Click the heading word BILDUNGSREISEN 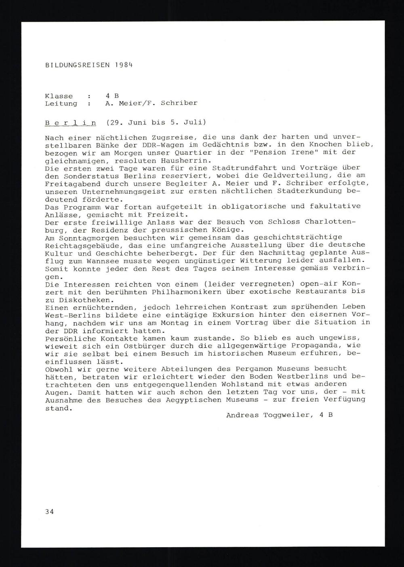coord(77,65)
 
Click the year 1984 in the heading coord(123,65)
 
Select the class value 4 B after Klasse coord(112,96)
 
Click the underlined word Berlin coord(70,123)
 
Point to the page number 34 coord(49,512)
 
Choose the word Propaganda coord(318,346)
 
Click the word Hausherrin coord(179,160)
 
